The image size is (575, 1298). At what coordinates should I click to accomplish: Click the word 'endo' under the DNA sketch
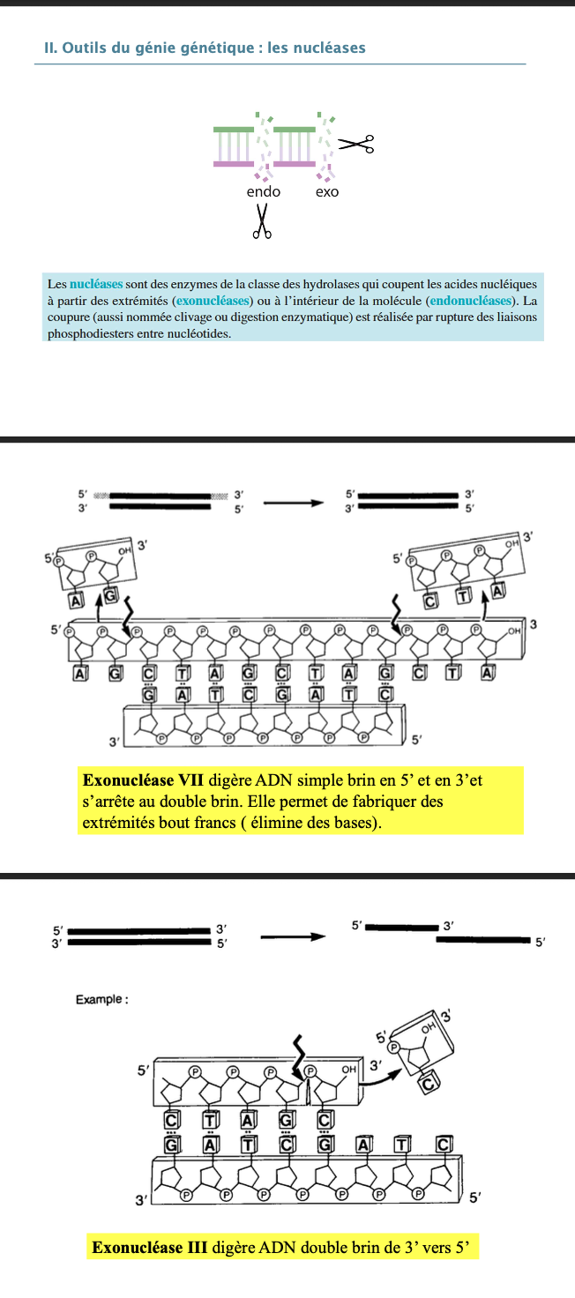click(263, 191)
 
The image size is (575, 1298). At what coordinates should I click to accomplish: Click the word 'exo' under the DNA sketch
click(326, 191)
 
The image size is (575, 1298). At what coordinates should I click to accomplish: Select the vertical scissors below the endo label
click(262, 221)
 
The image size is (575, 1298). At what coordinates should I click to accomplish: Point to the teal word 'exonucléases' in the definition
click(214, 300)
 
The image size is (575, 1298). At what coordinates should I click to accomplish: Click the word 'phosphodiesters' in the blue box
click(90, 333)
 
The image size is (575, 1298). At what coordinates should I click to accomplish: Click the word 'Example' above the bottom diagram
click(100, 999)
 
